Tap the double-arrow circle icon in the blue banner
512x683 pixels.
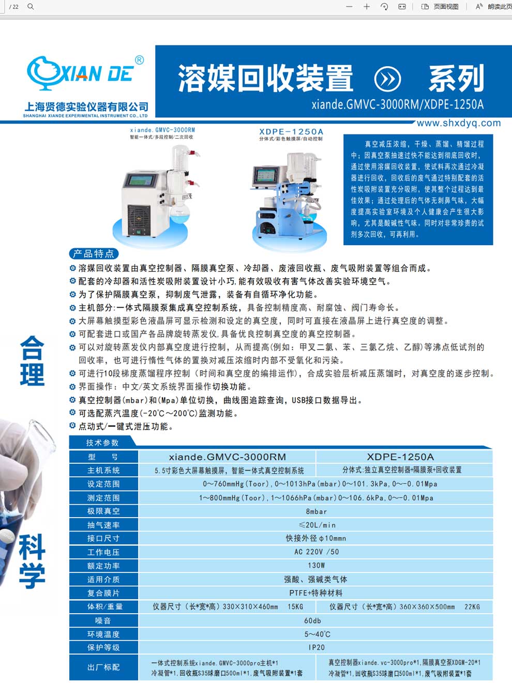tap(387, 79)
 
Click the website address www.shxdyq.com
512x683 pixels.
tap(458, 123)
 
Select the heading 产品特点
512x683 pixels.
tap(94, 253)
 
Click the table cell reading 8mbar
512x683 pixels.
tap(316, 511)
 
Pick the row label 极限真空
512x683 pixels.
tap(103, 511)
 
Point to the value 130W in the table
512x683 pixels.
tap(316, 566)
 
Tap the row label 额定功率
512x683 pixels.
tap(103, 566)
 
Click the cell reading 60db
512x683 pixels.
tap(312, 620)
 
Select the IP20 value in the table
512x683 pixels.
tap(316, 647)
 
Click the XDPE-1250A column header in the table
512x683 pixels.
tap(400, 457)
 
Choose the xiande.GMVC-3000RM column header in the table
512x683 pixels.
tap(227, 457)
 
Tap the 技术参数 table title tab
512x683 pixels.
tap(102, 443)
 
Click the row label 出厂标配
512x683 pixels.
tap(103, 667)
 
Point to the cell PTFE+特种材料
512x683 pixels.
tap(316, 593)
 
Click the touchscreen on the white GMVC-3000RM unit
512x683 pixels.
tap(141, 181)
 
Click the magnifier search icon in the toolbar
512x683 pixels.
tap(31, 7)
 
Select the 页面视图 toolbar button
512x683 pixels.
tap(440, 7)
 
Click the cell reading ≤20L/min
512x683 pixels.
tap(316, 525)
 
